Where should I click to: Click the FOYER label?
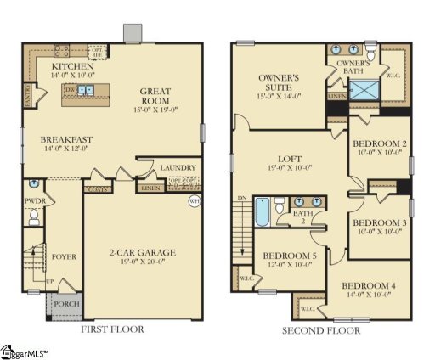coord(65,255)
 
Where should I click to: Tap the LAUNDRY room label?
coord(178,168)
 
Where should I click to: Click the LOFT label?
coord(291,158)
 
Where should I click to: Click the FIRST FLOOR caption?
coord(111,329)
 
